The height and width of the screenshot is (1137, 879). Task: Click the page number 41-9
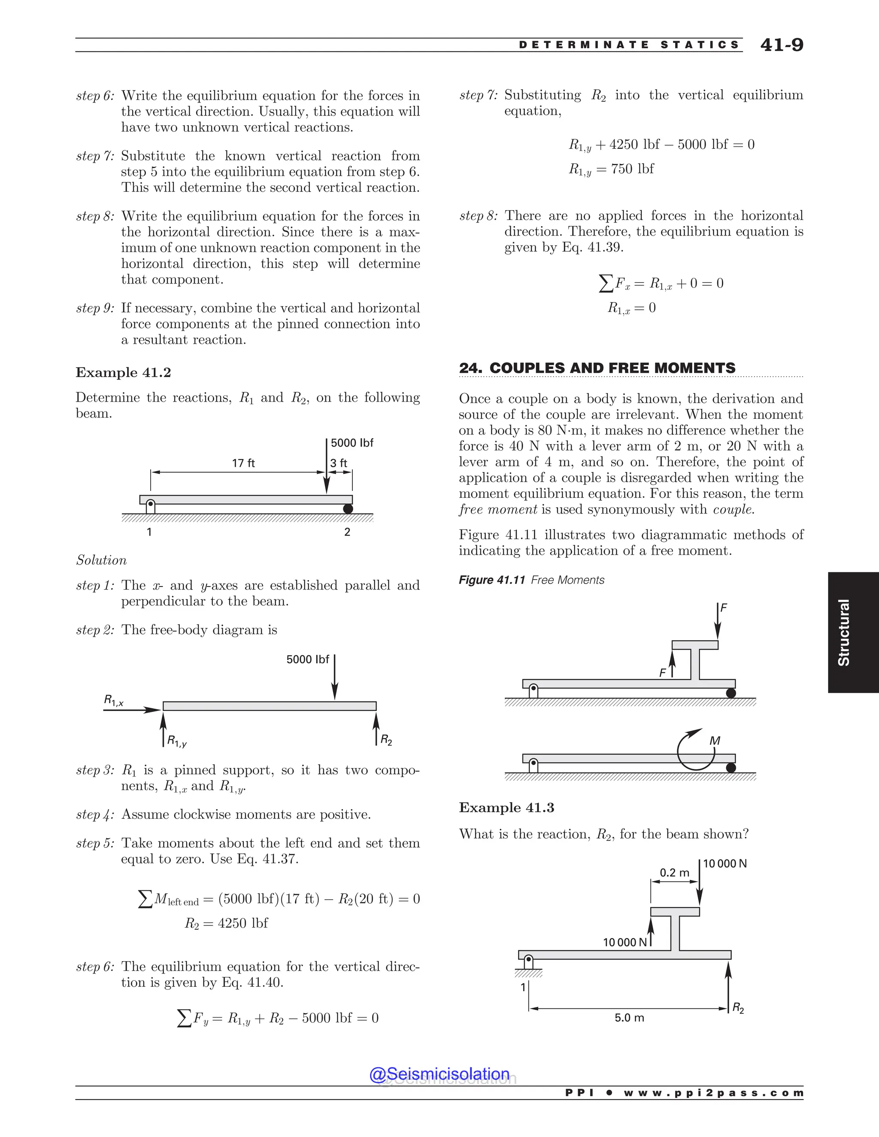tap(781, 45)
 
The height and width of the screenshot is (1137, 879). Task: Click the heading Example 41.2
tap(124, 373)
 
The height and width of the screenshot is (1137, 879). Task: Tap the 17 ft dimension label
tap(243, 463)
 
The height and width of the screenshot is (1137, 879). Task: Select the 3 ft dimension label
tap(339, 463)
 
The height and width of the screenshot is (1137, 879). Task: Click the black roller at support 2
tap(348, 508)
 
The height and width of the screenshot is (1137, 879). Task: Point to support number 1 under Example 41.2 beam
tap(149, 532)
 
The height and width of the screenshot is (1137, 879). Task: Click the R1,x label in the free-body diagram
tap(113, 700)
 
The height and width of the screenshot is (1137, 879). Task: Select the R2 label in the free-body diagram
tap(386, 740)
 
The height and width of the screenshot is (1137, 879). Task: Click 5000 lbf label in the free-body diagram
tap(308, 659)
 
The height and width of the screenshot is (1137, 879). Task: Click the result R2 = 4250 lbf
tap(226, 923)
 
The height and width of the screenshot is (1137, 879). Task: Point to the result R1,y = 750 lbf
tap(611, 169)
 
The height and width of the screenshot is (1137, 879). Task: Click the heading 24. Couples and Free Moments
tap(597, 368)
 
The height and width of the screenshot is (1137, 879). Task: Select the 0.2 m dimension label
tap(674, 873)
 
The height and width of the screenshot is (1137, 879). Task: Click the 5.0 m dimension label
tap(629, 1018)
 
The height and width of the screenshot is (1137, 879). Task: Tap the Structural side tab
tap(843, 632)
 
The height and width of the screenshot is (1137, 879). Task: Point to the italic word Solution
tap(102, 560)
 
